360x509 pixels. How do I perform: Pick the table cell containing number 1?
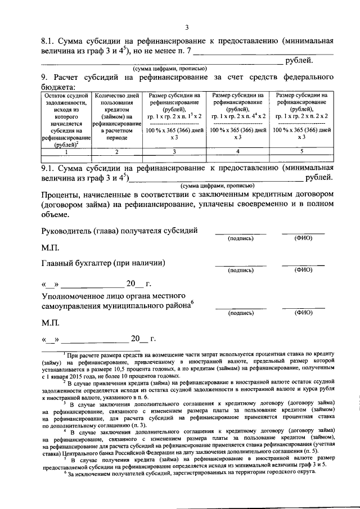[x=66, y=151]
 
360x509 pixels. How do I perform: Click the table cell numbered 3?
[x=174, y=151]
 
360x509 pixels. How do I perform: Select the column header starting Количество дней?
[x=117, y=116]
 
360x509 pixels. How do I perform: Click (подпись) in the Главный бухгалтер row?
[x=240, y=270]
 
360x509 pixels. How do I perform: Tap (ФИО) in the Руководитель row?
[x=303, y=238]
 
